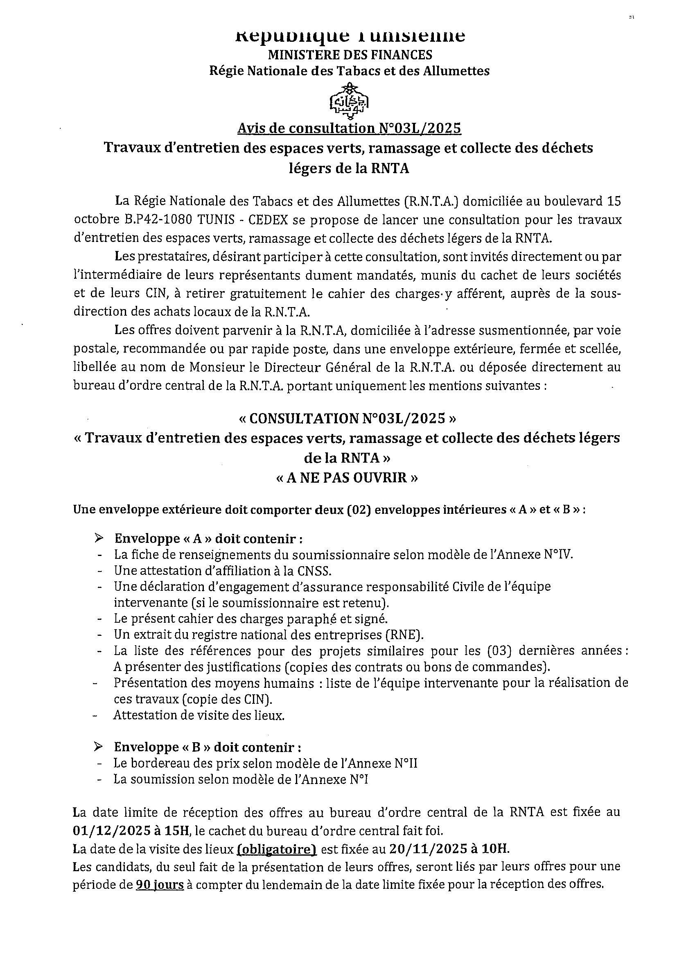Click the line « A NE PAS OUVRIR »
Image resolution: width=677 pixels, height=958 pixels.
(x=347, y=477)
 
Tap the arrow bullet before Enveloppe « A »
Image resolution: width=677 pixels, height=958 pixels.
(x=99, y=538)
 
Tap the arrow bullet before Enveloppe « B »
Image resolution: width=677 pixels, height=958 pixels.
(x=99, y=746)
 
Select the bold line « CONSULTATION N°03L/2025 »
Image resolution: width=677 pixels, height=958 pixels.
(x=347, y=418)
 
